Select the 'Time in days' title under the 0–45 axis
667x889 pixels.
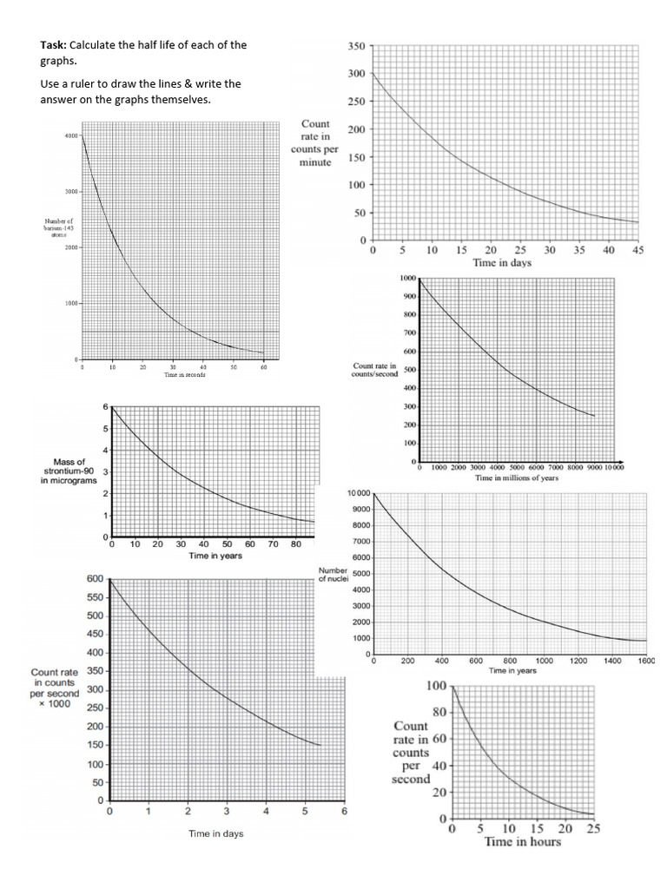tap(502, 263)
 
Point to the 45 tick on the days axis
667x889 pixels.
tap(637, 250)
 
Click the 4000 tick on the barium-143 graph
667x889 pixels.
tap(70, 135)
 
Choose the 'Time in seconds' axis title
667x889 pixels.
tap(172, 375)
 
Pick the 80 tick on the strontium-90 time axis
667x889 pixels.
tap(296, 544)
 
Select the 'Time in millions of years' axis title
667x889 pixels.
tap(516, 477)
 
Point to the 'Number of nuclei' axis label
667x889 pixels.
tap(333, 574)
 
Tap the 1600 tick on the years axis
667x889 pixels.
tap(645, 661)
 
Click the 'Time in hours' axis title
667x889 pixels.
tap(522, 842)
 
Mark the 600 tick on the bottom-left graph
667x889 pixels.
tap(95, 578)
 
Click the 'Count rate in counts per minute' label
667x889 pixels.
tap(314, 143)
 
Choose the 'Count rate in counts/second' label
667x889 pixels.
tap(375, 370)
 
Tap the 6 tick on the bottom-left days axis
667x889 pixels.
tap(344, 812)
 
